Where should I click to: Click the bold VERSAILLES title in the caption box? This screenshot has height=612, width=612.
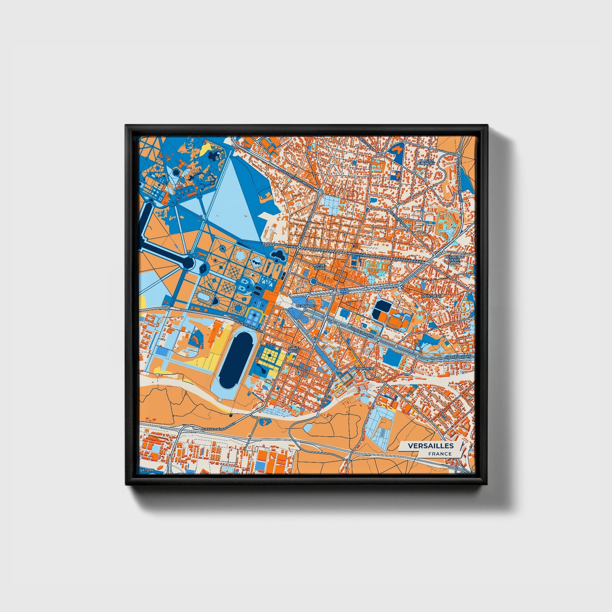[431, 446]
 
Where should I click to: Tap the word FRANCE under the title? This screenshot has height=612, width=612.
[440, 454]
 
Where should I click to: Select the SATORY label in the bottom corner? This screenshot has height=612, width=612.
[148, 470]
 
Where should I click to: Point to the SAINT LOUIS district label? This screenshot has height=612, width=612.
[293, 350]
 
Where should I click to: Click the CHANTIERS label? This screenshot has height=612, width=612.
[364, 368]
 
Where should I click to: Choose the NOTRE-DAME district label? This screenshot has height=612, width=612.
[319, 267]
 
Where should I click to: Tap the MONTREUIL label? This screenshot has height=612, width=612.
[432, 296]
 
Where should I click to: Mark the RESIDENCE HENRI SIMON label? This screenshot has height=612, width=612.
[454, 260]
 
